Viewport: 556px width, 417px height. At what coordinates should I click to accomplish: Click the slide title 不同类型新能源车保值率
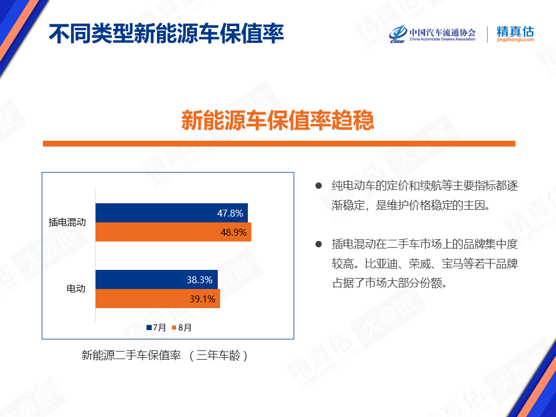(166, 34)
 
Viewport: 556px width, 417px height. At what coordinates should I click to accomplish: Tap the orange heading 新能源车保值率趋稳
(277, 120)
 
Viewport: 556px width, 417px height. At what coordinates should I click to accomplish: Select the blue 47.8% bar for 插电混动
(171, 213)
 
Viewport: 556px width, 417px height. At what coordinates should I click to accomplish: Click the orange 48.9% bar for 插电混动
(173, 232)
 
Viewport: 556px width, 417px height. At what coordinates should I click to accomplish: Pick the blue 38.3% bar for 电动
(157, 279)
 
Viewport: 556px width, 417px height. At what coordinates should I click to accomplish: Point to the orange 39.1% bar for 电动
(158, 299)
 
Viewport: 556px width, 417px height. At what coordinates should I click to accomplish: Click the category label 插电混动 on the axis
(67, 222)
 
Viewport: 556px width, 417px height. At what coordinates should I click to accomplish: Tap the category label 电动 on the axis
(76, 288)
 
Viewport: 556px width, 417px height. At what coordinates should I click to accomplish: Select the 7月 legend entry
(156, 328)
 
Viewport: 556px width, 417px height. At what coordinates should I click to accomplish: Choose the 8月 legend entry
(181, 328)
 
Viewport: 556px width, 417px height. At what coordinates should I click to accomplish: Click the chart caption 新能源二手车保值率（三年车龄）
(165, 355)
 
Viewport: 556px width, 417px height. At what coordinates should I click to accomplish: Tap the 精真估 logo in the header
(515, 34)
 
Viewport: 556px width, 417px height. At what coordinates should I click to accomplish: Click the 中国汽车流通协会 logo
(432, 34)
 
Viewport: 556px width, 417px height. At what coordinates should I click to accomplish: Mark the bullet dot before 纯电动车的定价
(319, 185)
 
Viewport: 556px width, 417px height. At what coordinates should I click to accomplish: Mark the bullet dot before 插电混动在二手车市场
(319, 244)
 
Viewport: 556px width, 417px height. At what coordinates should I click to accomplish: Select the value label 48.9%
(233, 232)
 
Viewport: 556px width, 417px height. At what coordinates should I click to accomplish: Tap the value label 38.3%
(200, 280)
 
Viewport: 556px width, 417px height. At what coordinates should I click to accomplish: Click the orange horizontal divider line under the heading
(279, 144)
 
